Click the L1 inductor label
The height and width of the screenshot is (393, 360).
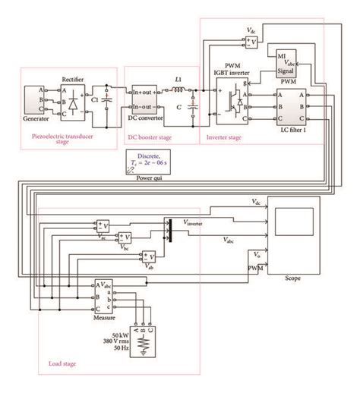pos(178,80)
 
